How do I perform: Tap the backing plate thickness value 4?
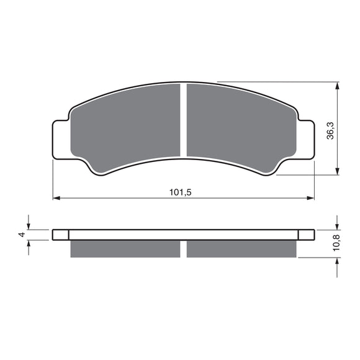click(21, 235)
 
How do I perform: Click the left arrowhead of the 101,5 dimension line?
click(56, 199)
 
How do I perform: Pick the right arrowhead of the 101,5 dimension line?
click(310, 199)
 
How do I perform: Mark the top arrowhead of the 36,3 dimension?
click(337, 85)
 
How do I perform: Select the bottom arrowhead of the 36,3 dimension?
click(337, 172)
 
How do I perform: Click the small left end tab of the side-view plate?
click(60, 235)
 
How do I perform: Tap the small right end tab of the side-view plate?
click(307, 235)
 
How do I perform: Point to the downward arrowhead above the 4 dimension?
click(29, 227)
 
